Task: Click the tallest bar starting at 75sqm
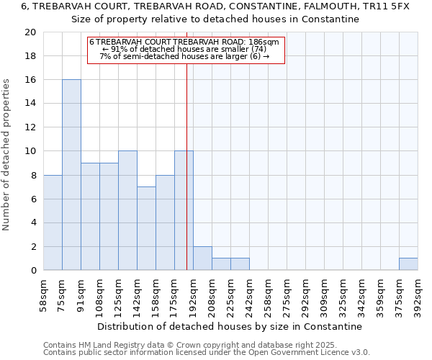click(71, 175)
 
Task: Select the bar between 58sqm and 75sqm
click(53, 222)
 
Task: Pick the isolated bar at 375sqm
click(408, 264)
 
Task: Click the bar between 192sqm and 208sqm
click(202, 258)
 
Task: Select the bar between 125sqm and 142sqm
click(127, 210)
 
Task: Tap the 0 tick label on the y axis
click(33, 271)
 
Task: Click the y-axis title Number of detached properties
click(7, 155)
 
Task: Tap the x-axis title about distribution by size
click(230, 326)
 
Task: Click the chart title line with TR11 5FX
click(215, 6)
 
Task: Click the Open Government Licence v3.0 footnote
click(207, 353)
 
